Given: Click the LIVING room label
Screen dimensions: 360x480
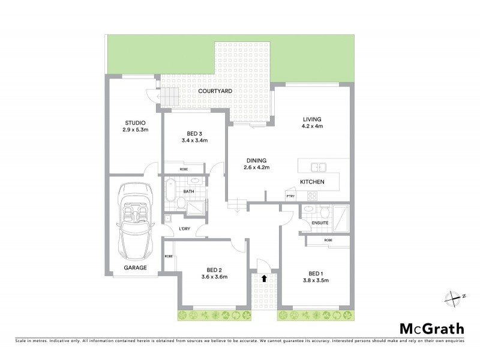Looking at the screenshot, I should click(313, 119).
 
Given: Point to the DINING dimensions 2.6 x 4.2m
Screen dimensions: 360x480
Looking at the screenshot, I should click(256, 168).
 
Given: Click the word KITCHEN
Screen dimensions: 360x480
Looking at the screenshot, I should click(313, 181).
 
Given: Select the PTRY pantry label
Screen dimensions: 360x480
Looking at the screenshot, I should click(290, 196).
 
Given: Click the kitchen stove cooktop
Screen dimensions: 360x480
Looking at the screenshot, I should click(312, 196).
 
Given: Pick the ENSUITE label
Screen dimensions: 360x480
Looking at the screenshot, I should click(320, 223).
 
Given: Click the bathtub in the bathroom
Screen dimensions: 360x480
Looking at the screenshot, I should click(170, 191).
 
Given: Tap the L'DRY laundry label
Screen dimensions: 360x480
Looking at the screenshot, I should click(185, 229).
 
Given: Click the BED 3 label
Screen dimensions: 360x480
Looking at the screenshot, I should click(194, 133).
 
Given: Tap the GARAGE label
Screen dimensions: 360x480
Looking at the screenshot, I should click(136, 268).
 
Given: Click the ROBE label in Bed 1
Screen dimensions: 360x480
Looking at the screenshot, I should click(328, 240).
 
